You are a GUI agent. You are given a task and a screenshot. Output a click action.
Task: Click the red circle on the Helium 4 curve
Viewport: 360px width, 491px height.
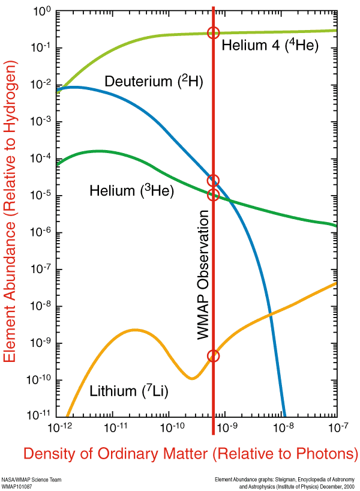coord(213,33)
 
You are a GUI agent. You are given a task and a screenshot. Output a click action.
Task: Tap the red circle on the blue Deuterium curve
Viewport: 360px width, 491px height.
coord(213,181)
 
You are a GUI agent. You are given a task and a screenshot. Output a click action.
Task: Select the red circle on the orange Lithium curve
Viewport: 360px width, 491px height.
coord(214,356)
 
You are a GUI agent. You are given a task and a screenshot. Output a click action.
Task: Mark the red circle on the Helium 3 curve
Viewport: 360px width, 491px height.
coord(213,195)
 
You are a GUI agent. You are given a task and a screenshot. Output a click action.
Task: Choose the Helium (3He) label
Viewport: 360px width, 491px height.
coord(131,191)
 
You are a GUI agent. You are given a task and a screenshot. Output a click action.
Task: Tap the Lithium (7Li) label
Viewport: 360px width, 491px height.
coord(129,391)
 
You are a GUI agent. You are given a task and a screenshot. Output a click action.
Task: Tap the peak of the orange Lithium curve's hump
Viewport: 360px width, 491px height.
coord(136,330)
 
